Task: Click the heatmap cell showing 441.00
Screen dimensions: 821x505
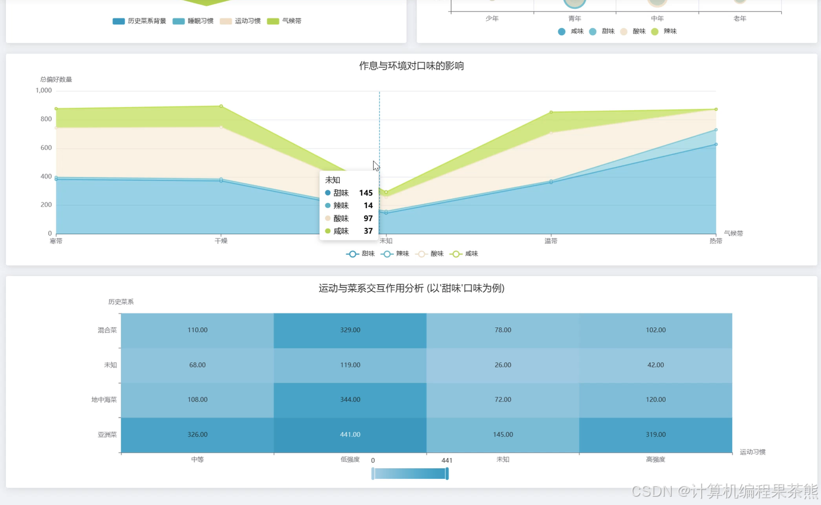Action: (x=350, y=435)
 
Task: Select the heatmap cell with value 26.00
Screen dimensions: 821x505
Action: (x=503, y=365)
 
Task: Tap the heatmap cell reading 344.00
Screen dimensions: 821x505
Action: (x=350, y=400)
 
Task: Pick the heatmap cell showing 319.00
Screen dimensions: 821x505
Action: (x=656, y=435)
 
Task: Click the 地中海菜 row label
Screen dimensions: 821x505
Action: (x=104, y=400)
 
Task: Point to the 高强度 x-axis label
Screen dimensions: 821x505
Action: (x=656, y=460)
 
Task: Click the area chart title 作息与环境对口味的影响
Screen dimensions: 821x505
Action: (x=411, y=66)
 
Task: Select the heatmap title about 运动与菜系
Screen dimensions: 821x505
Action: (x=411, y=288)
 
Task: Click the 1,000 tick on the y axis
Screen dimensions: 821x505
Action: (x=43, y=90)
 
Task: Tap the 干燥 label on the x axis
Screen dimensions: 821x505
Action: (x=221, y=241)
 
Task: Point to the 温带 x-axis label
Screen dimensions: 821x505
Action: (x=551, y=241)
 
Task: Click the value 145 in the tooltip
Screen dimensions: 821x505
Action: (x=366, y=193)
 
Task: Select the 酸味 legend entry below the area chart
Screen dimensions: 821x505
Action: (x=430, y=254)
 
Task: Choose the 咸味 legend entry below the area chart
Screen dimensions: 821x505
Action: (x=465, y=254)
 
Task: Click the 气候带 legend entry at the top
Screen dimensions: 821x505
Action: (x=284, y=21)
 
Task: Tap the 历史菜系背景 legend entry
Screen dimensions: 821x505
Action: (x=139, y=21)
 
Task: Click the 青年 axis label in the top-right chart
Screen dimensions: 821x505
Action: (x=575, y=18)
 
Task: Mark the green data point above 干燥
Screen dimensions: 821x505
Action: (x=221, y=106)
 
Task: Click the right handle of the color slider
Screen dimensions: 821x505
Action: (x=447, y=474)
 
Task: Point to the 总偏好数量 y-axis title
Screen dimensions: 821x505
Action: (x=56, y=80)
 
